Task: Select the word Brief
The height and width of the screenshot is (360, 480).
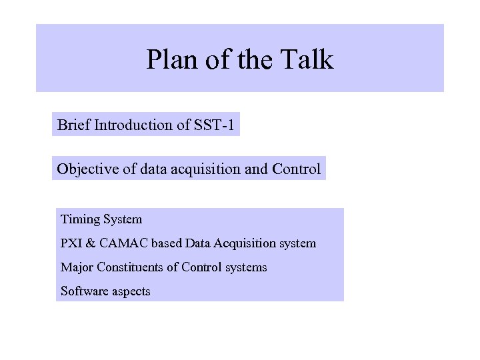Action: click(x=74, y=125)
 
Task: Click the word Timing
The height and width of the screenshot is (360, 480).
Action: click(x=79, y=219)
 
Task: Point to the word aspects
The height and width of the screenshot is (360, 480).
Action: click(x=130, y=292)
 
